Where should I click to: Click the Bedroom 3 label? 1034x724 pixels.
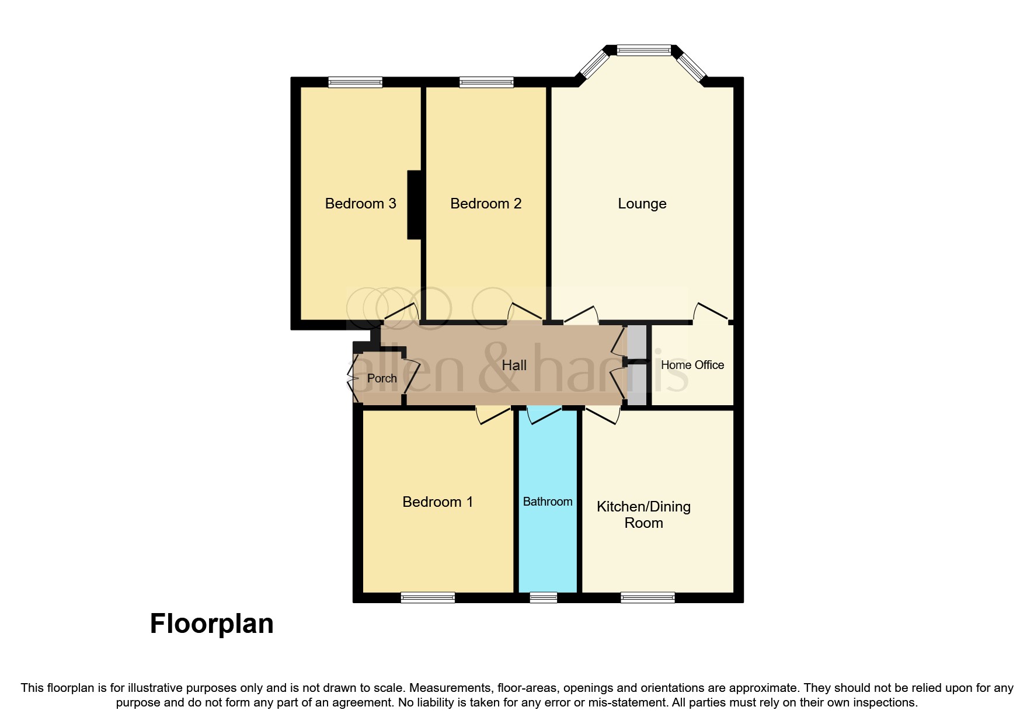click(360, 204)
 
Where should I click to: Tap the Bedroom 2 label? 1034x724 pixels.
click(486, 204)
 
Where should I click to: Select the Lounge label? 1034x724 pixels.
click(642, 204)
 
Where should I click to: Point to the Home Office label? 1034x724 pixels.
click(692, 365)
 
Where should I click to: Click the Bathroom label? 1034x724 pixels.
click(547, 502)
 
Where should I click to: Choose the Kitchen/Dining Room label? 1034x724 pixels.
click(643, 514)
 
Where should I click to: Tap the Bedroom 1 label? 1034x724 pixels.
click(437, 502)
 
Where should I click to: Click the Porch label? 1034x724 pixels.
click(382, 378)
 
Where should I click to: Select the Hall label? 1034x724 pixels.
click(514, 366)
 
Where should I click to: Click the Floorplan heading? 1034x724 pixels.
click(211, 624)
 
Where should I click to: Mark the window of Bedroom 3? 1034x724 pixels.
click(355, 82)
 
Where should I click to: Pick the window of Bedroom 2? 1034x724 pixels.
click(486, 82)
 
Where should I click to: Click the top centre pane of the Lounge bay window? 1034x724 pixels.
click(644, 51)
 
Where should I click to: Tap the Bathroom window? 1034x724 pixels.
click(543, 597)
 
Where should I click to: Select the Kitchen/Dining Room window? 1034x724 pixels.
click(647, 597)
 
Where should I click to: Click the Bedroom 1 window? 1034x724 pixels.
click(427, 597)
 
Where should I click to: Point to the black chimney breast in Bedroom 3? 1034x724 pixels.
click(414, 204)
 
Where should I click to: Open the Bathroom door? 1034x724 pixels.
click(544, 415)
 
